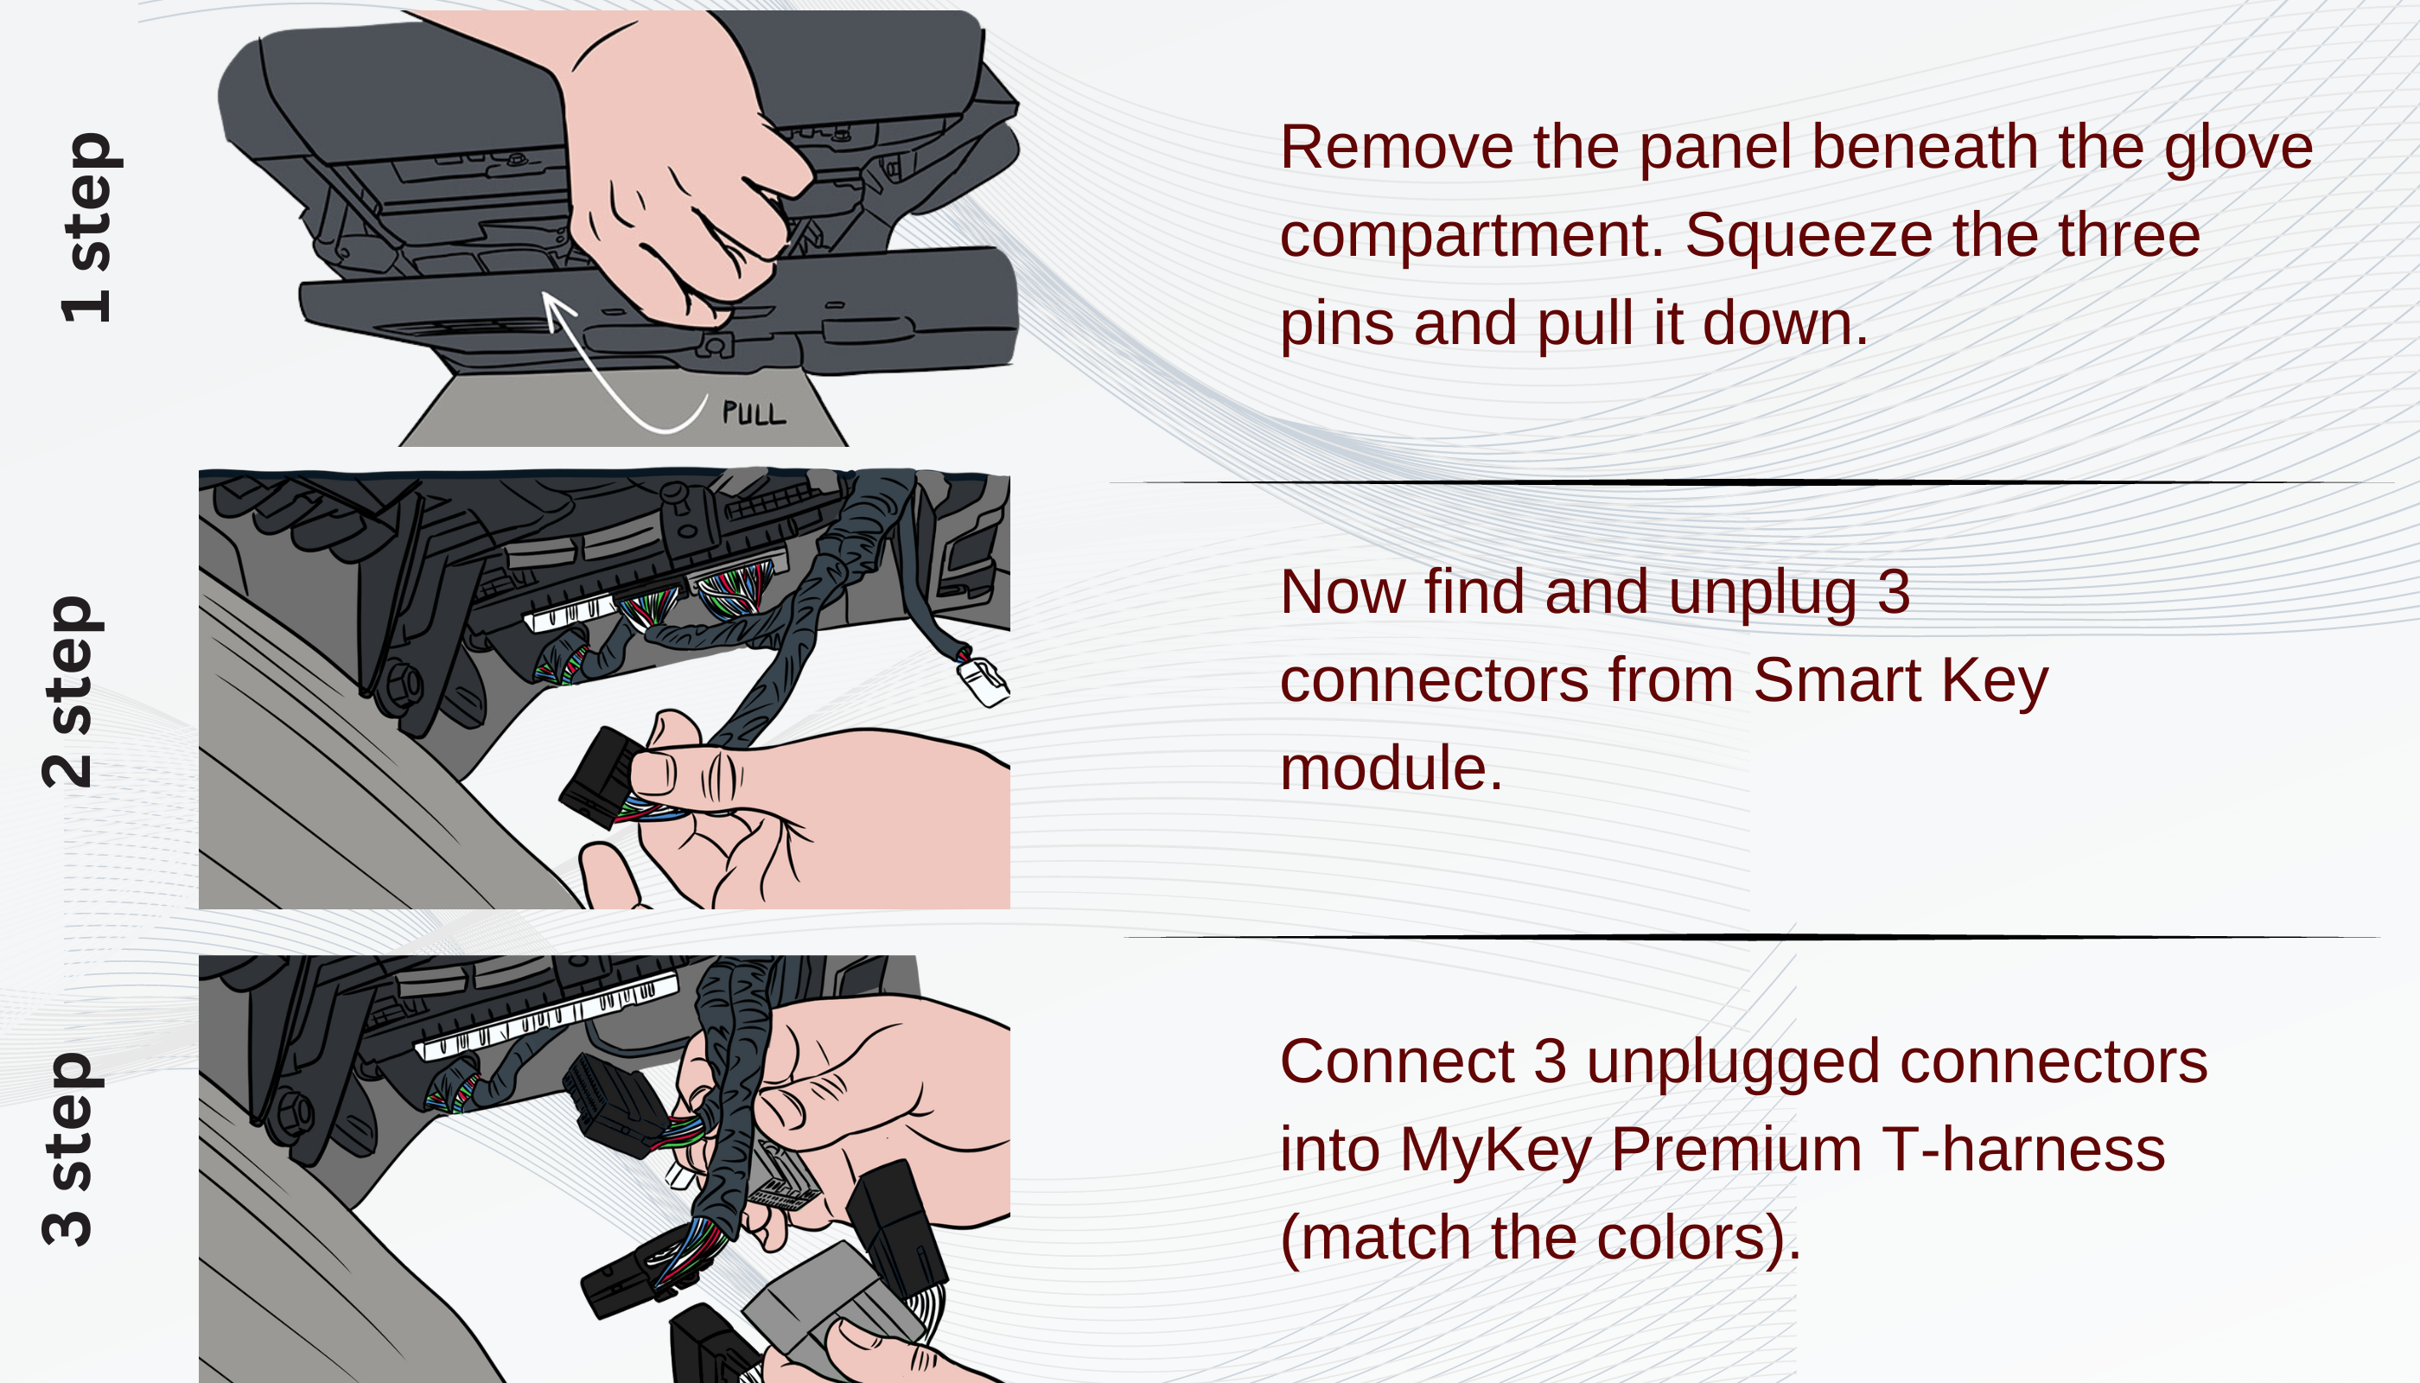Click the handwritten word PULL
click(x=755, y=413)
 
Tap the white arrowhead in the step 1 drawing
click(x=558, y=309)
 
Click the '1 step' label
click(x=86, y=228)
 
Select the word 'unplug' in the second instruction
click(x=1761, y=594)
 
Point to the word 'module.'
click(x=1391, y=768)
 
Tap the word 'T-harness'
click(x=2023, y=1150)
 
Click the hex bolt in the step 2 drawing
click(x=403, y=684)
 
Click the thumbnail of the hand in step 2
click(x=653, y=771)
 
